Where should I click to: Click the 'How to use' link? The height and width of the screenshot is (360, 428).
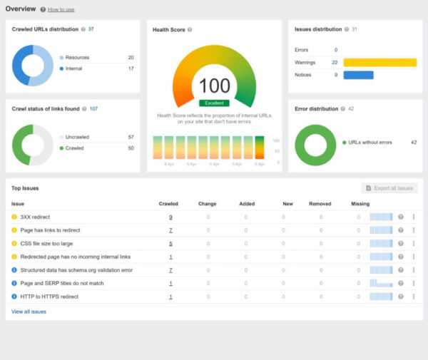coord(61,9)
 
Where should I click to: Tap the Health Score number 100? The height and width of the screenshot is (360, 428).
coord(214,86)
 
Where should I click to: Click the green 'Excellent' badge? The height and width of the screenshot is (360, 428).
coord(214,103)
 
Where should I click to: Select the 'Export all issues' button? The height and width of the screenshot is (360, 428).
coord(388,188)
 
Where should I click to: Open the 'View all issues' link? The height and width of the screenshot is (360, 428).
coord(29,312)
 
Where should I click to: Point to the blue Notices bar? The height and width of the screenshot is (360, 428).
coord(358,75)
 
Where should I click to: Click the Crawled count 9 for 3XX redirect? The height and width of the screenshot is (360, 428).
coord(170,217)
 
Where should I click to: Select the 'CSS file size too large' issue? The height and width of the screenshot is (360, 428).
coord(46,243)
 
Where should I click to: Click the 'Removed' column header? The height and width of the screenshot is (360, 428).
coord(320,204)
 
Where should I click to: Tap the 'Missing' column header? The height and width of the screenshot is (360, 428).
coord(360,204)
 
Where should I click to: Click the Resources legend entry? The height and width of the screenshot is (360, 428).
coord(78,57)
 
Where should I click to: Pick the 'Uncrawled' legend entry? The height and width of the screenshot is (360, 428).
coord(79,136)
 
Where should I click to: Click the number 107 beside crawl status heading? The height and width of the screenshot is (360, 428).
coord(93,109)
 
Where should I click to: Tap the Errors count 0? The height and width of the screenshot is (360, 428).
coord(336,50)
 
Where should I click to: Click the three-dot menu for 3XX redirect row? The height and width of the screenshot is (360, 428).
coord(414,217)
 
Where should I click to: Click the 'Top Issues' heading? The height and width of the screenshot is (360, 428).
coord(25,188)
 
